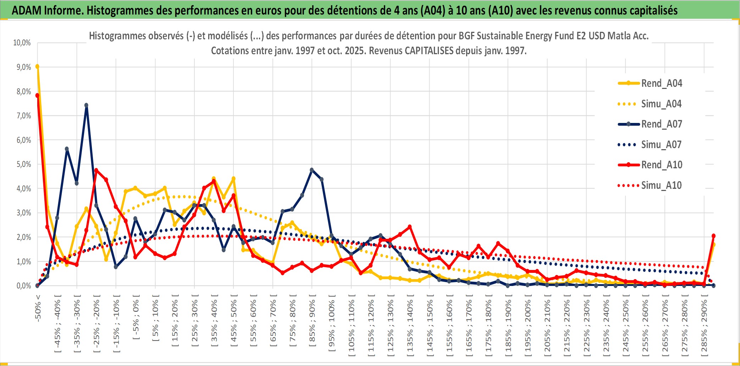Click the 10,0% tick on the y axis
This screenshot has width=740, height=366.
tap(22, 43)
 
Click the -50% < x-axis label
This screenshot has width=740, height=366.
tap(38, 308)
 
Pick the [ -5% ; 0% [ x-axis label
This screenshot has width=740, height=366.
tap(136, 317)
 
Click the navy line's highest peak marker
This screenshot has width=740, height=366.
tap(86, 105)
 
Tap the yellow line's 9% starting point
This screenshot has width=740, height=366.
tap(37, 66)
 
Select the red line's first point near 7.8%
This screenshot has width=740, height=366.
tap(37, 95)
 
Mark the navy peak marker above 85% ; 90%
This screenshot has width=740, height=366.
tap(312, 170)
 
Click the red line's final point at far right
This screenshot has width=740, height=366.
tap(713, 236)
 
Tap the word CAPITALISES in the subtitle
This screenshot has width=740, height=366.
tap(429, 51)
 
